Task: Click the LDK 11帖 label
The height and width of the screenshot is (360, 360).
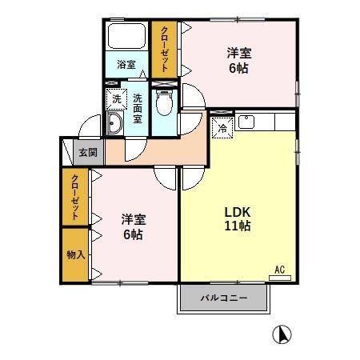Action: click(237, 218)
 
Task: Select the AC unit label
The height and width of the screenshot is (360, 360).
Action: click(280, 270)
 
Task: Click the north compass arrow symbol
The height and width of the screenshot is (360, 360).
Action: click(282, 334)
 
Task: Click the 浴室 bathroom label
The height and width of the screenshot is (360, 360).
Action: click(126, 64)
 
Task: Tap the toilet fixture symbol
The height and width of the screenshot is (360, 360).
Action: click(166, 102)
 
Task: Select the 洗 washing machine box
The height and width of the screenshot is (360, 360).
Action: click(116, 98)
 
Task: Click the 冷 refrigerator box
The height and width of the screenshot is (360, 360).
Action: click(222, 126)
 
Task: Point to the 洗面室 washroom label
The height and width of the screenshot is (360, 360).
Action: click(138, 108)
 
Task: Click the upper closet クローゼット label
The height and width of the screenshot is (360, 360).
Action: click(166, 50)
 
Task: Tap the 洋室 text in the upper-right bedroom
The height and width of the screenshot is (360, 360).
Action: click(239, 53)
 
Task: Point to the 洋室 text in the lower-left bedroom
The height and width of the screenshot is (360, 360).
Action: click(133, 218)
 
